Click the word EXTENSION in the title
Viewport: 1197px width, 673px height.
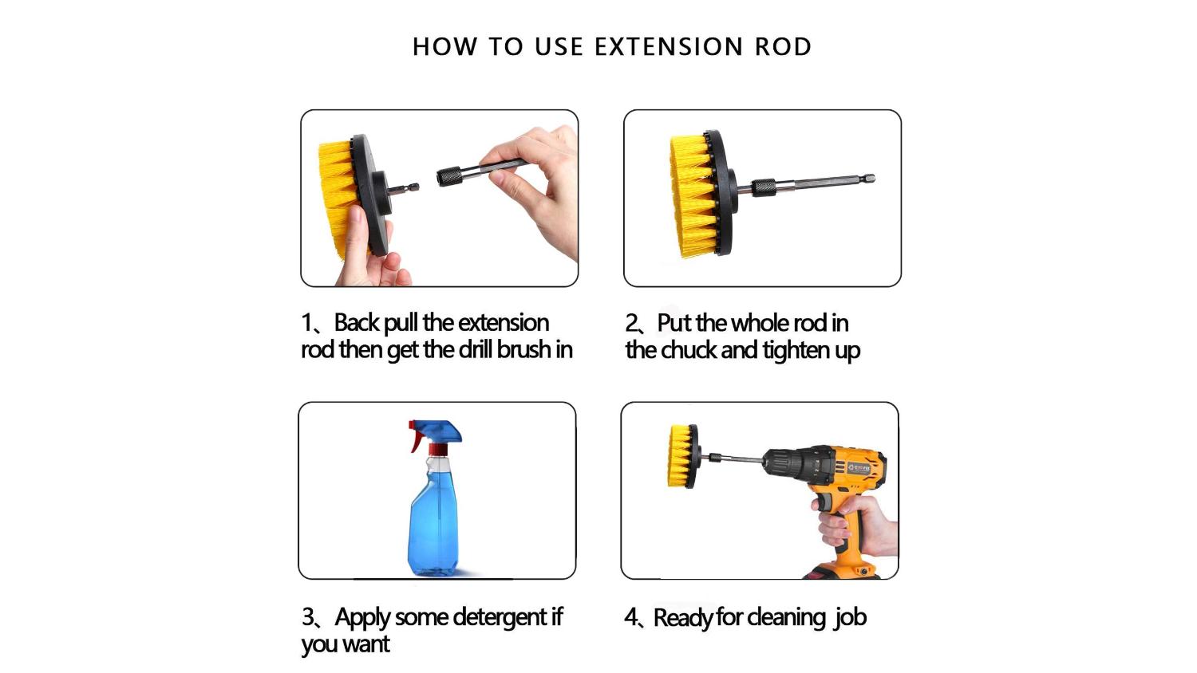669,46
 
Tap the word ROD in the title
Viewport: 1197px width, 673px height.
783,46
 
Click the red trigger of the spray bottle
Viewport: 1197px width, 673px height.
417,436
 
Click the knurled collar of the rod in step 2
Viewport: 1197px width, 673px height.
764,187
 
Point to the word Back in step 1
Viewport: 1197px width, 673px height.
357,323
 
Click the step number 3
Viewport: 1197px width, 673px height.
307,617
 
